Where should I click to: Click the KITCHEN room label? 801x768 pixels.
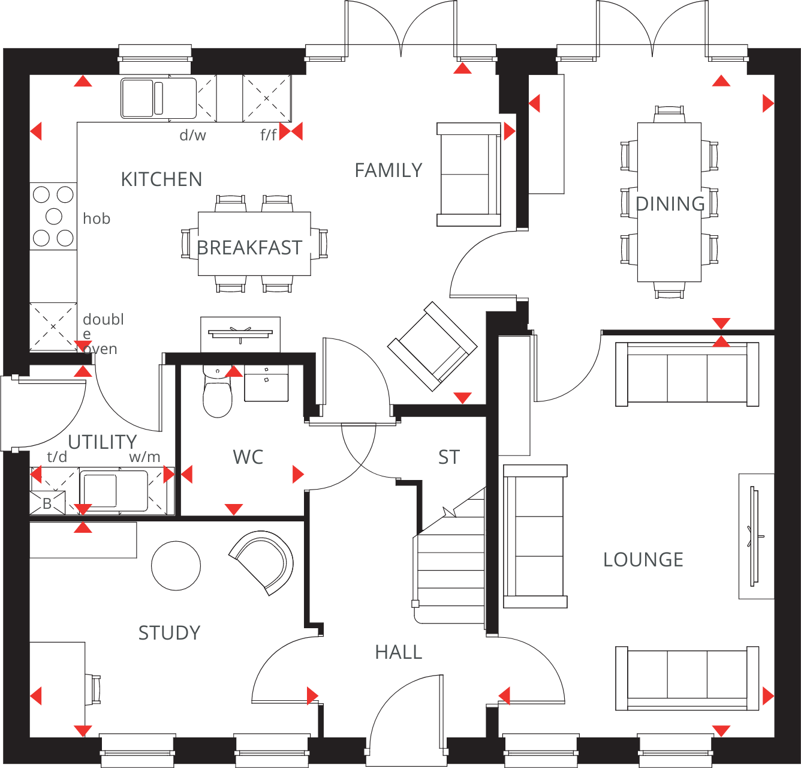[x=161, y=179]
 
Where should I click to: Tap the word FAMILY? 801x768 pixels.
[x=389, y=170]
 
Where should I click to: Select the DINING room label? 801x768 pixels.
[x=670, y=204]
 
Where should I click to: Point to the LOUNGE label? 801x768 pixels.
[x=643, y=560]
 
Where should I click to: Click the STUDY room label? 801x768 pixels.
[x=169, y=633]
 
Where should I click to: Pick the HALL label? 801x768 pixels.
[x=399, y=652]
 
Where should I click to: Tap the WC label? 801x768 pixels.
[x=248, y=457]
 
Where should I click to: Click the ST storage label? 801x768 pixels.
[x=448, y=457]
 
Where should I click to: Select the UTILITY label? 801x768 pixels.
[x=103, y=442]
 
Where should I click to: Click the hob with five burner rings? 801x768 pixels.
[x=53, y=216]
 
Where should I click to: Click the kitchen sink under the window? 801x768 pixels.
[x=158, y=98]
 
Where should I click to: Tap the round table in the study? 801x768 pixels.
[x=176, y=566]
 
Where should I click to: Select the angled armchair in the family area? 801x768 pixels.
[x=432, y=347]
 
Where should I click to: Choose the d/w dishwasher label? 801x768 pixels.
[x=192, y=136]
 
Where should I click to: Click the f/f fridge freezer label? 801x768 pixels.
[x=268, y=136]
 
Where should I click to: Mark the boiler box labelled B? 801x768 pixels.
[x=47, y=503]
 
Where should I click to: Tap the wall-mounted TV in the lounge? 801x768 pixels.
[x=755, y=536]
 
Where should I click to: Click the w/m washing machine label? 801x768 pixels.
[x=144, y=457]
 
